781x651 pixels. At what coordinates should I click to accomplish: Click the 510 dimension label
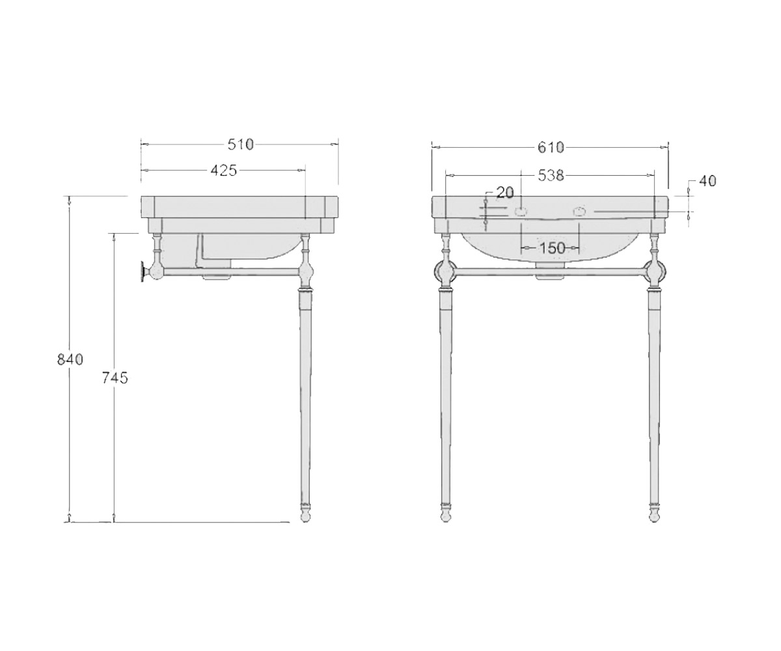point(241,145)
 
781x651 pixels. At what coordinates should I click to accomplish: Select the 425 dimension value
point(224,171)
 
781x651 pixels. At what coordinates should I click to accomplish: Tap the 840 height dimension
point(70,359)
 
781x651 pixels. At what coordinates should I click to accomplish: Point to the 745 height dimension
point(115,378)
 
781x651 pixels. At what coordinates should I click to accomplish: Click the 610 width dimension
point(551,147)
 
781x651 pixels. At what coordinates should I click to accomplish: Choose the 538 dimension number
point(551,175)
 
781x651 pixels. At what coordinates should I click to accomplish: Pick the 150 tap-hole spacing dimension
point(552,247)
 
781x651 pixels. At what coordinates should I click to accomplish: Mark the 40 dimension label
point(707,181)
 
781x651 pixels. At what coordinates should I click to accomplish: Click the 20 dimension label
point(505,192)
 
